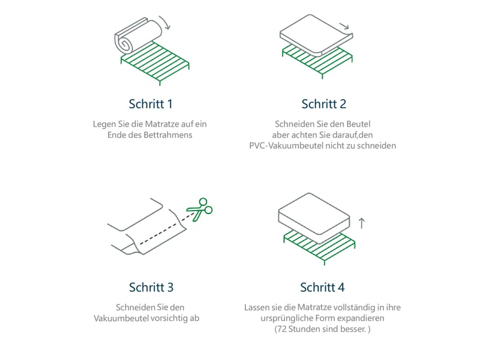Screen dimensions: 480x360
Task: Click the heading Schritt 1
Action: pos(151,104)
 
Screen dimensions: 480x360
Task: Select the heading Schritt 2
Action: pos(324,104)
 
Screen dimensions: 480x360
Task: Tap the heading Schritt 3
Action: pos(151,287)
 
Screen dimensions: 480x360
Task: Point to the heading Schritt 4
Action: pos(322,287)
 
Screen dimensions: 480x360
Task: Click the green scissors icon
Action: pos(200,209)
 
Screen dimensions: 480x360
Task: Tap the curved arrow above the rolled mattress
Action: pos(166,22)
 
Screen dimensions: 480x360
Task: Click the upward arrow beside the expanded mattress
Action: pos(362,223)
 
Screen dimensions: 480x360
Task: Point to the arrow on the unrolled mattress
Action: pos(344,26)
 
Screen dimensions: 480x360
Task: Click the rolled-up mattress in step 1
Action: pos(139,36)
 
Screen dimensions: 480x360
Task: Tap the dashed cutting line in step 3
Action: pos(167,229)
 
